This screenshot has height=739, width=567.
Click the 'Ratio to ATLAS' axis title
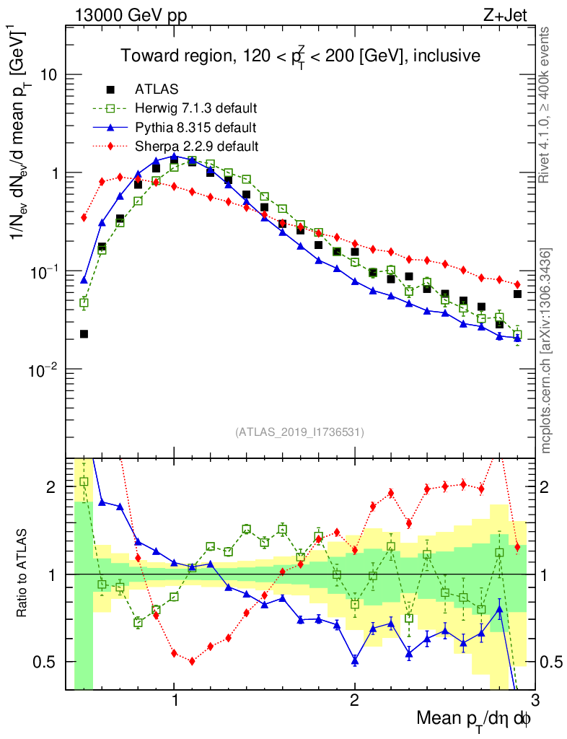click(22, 574)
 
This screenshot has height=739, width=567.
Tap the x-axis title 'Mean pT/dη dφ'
click(474, 718)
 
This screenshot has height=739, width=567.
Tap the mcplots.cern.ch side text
click(547, 351)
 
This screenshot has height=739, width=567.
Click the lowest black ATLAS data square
click(84, 334)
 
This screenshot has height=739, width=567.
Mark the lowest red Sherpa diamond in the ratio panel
click(192, 661)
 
